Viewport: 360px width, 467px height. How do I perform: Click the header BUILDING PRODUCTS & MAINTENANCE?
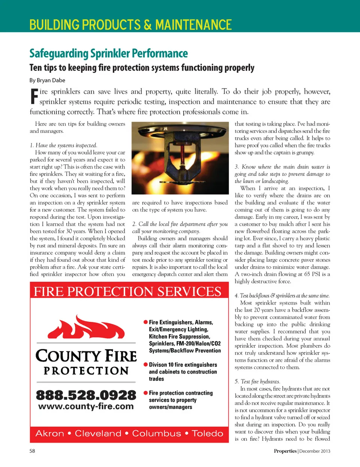130,25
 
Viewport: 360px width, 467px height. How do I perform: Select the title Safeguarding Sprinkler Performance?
108,54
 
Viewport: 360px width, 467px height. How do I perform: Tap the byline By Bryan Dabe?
47,80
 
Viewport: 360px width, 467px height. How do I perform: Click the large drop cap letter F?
34,96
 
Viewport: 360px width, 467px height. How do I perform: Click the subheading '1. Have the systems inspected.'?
63,146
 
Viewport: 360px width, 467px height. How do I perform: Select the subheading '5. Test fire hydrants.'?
257,381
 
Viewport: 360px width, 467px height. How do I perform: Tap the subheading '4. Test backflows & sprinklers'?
282,296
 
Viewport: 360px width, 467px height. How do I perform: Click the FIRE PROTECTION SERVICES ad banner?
128,291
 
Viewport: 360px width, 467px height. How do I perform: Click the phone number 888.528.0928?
86,395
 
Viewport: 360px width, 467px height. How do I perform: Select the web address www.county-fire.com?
86,407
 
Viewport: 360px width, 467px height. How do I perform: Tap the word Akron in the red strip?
49,434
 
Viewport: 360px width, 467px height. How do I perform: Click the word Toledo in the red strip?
207,434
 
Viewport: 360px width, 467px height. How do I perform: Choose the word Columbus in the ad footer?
156,434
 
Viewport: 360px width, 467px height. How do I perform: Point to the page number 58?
32,451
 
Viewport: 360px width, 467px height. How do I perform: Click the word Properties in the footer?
285,451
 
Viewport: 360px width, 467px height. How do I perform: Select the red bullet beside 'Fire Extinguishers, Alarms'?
145,322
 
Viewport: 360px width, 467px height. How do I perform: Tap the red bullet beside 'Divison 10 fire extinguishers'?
145,364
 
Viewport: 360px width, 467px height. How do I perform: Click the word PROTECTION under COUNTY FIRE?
86,371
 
